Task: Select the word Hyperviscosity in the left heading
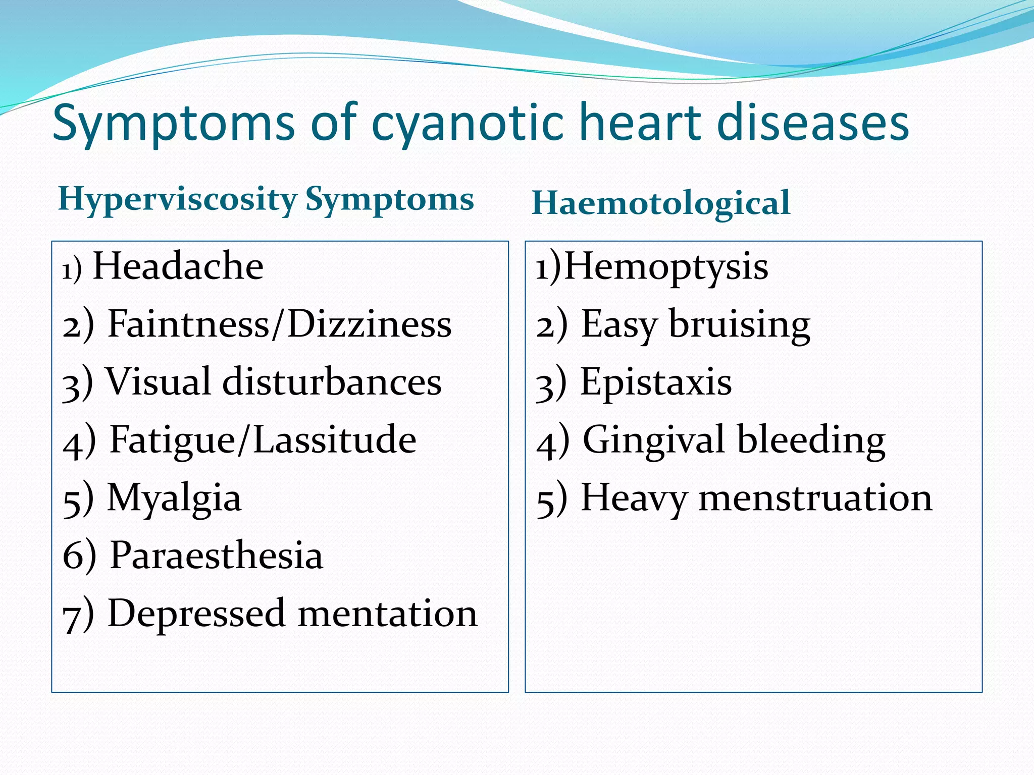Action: (177, 200)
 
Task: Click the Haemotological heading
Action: (661, 203)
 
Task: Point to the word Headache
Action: (178, 266)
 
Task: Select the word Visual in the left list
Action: (158, 381)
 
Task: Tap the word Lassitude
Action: (334, 439)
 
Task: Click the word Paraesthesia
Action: (216, 556)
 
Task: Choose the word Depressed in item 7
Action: (196, 614)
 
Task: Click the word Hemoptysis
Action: (666, 267)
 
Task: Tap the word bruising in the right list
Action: (740, 324)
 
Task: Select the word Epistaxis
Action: (656, 382)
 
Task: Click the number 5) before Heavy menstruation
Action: (551, 500)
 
